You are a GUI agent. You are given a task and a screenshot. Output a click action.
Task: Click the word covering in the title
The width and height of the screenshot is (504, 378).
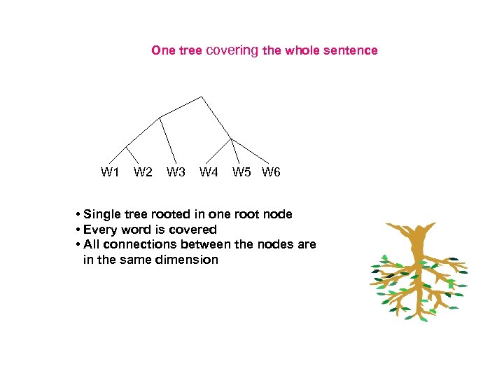(x=232, y=50)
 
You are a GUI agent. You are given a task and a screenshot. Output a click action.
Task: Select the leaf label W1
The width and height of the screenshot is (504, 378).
(x=110, y=172)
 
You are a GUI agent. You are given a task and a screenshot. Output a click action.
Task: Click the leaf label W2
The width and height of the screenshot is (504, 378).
(x=143, y=172)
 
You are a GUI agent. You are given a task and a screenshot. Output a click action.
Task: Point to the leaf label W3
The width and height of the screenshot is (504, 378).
(x=176, y=172)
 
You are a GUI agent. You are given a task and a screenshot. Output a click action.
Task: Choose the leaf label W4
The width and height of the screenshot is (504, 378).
(x=209, y=172)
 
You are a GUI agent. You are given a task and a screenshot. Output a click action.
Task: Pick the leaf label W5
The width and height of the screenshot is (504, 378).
(x=242, y=172)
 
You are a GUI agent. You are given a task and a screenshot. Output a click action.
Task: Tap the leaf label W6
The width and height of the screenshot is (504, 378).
(x=271, y=172)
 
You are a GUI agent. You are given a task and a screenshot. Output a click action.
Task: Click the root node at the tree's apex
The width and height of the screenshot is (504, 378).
(x=202, y=97)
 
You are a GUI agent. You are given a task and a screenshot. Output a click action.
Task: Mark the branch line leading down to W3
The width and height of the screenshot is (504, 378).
(x=167, y=140)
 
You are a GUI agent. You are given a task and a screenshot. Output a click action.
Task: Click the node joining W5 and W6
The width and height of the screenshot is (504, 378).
(x=232, y=138)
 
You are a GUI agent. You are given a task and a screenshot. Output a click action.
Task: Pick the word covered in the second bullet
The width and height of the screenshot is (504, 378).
(x=193, y=230)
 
